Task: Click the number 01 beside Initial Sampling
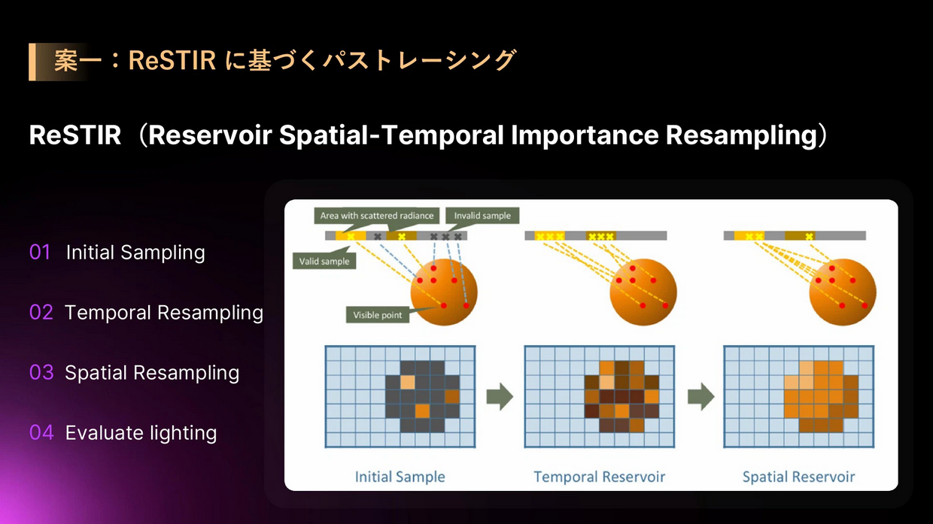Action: coord(40,252)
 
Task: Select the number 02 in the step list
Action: coord(41,312)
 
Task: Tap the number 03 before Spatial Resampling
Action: coord(41,372)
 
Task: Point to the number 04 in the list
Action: coord(41,432)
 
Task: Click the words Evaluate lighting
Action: coord(141,433)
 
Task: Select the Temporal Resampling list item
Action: coord(164,313)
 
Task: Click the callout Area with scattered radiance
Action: coord(376,216)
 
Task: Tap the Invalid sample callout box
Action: coord(482,216)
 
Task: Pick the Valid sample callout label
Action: coord(324,262)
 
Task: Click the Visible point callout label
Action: coord(378,315)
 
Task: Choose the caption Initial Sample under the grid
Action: coord(400,477)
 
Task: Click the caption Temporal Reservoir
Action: coord(600,477)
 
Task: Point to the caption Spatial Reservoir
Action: coord(798,477)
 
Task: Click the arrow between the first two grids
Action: coord(500,397)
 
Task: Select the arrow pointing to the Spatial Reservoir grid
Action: coord(701,397)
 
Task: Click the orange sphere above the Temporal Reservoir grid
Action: coord(643,292)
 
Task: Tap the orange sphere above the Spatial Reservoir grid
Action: coord(843,292)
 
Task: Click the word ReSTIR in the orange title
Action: coord(172,60)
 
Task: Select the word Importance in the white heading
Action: coord(585,135)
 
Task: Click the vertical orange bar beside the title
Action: coord(32,62)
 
